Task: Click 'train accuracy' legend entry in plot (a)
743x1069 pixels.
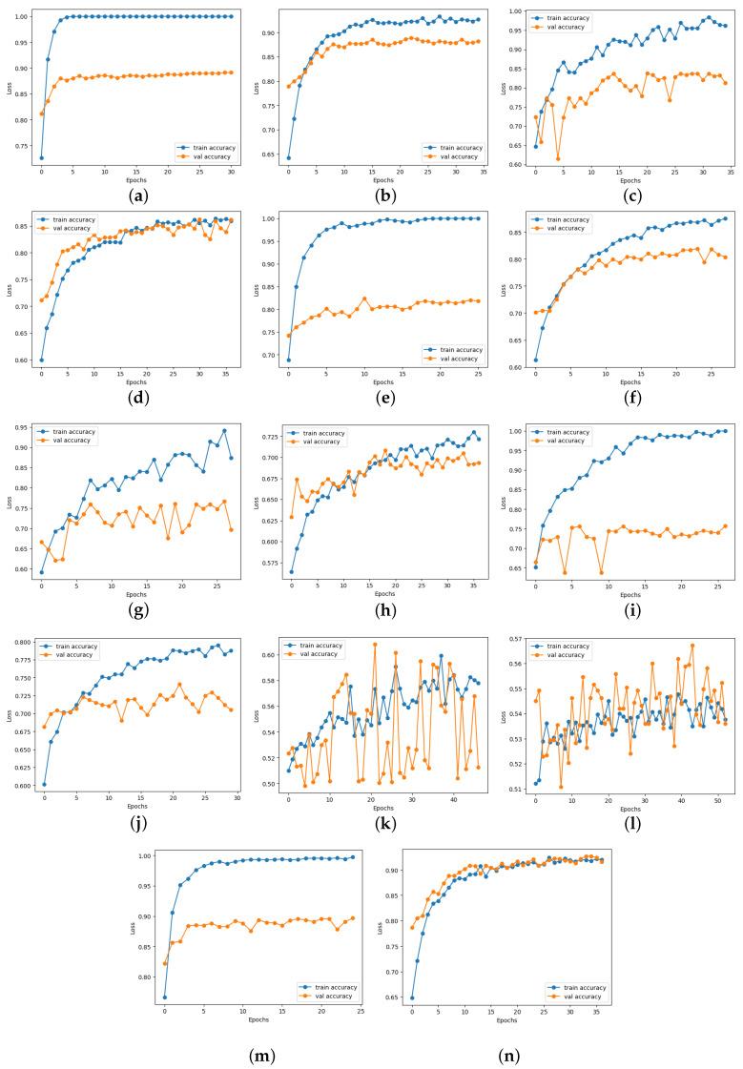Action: click(206, 148)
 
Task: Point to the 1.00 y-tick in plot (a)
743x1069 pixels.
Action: click(22, 16)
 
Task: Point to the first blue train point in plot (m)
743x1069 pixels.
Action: click(165, 997)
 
